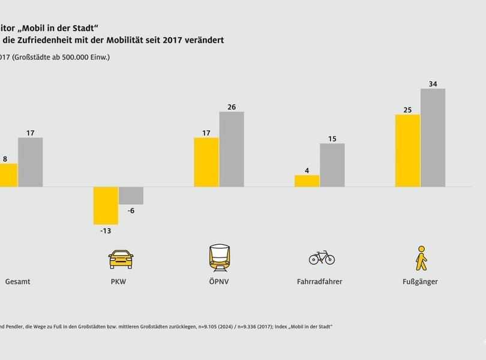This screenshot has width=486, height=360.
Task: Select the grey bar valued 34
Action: click(x=433, y=137)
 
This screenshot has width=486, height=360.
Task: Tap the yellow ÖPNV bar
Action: click(x=206, y=162)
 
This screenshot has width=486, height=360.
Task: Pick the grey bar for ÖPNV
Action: click(x=232, y=149)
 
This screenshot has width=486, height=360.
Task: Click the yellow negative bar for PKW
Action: click(x=106, y=205)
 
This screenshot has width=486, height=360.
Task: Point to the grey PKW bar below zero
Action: click(x=131, y=196)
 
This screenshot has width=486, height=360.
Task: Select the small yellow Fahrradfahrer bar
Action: click(x=307, y=181)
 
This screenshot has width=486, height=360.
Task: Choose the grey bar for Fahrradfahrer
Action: click(x=332, y=165)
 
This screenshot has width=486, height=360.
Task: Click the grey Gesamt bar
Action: click(x=30, y=162)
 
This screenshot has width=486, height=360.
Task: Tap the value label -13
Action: click(x=106, y=231)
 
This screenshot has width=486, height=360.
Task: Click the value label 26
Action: click(x=232, y=107)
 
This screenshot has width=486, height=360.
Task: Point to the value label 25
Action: click(x=407, y=109)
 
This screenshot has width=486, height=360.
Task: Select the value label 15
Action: click(x=332, y=139)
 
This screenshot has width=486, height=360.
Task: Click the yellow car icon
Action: click(x=121, y=259)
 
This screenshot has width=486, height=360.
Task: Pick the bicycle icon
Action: click(x=322, y=257)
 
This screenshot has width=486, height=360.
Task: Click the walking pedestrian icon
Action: click(x=421, y=258)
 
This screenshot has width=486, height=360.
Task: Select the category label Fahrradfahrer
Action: click(x=319, y=281)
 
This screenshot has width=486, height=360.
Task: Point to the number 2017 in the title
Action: click(x=182, y=40)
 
